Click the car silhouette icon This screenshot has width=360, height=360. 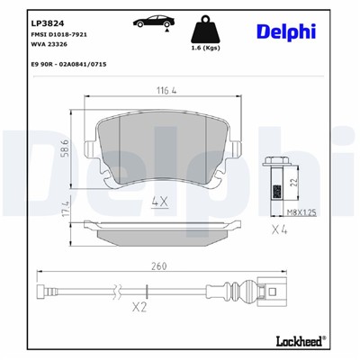pyautogui.click(x=147, y=21)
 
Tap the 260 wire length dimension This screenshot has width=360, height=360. pyautogui.click(x=160, y=266)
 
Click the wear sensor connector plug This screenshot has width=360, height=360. pyautogui.click(x=274, y=291)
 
